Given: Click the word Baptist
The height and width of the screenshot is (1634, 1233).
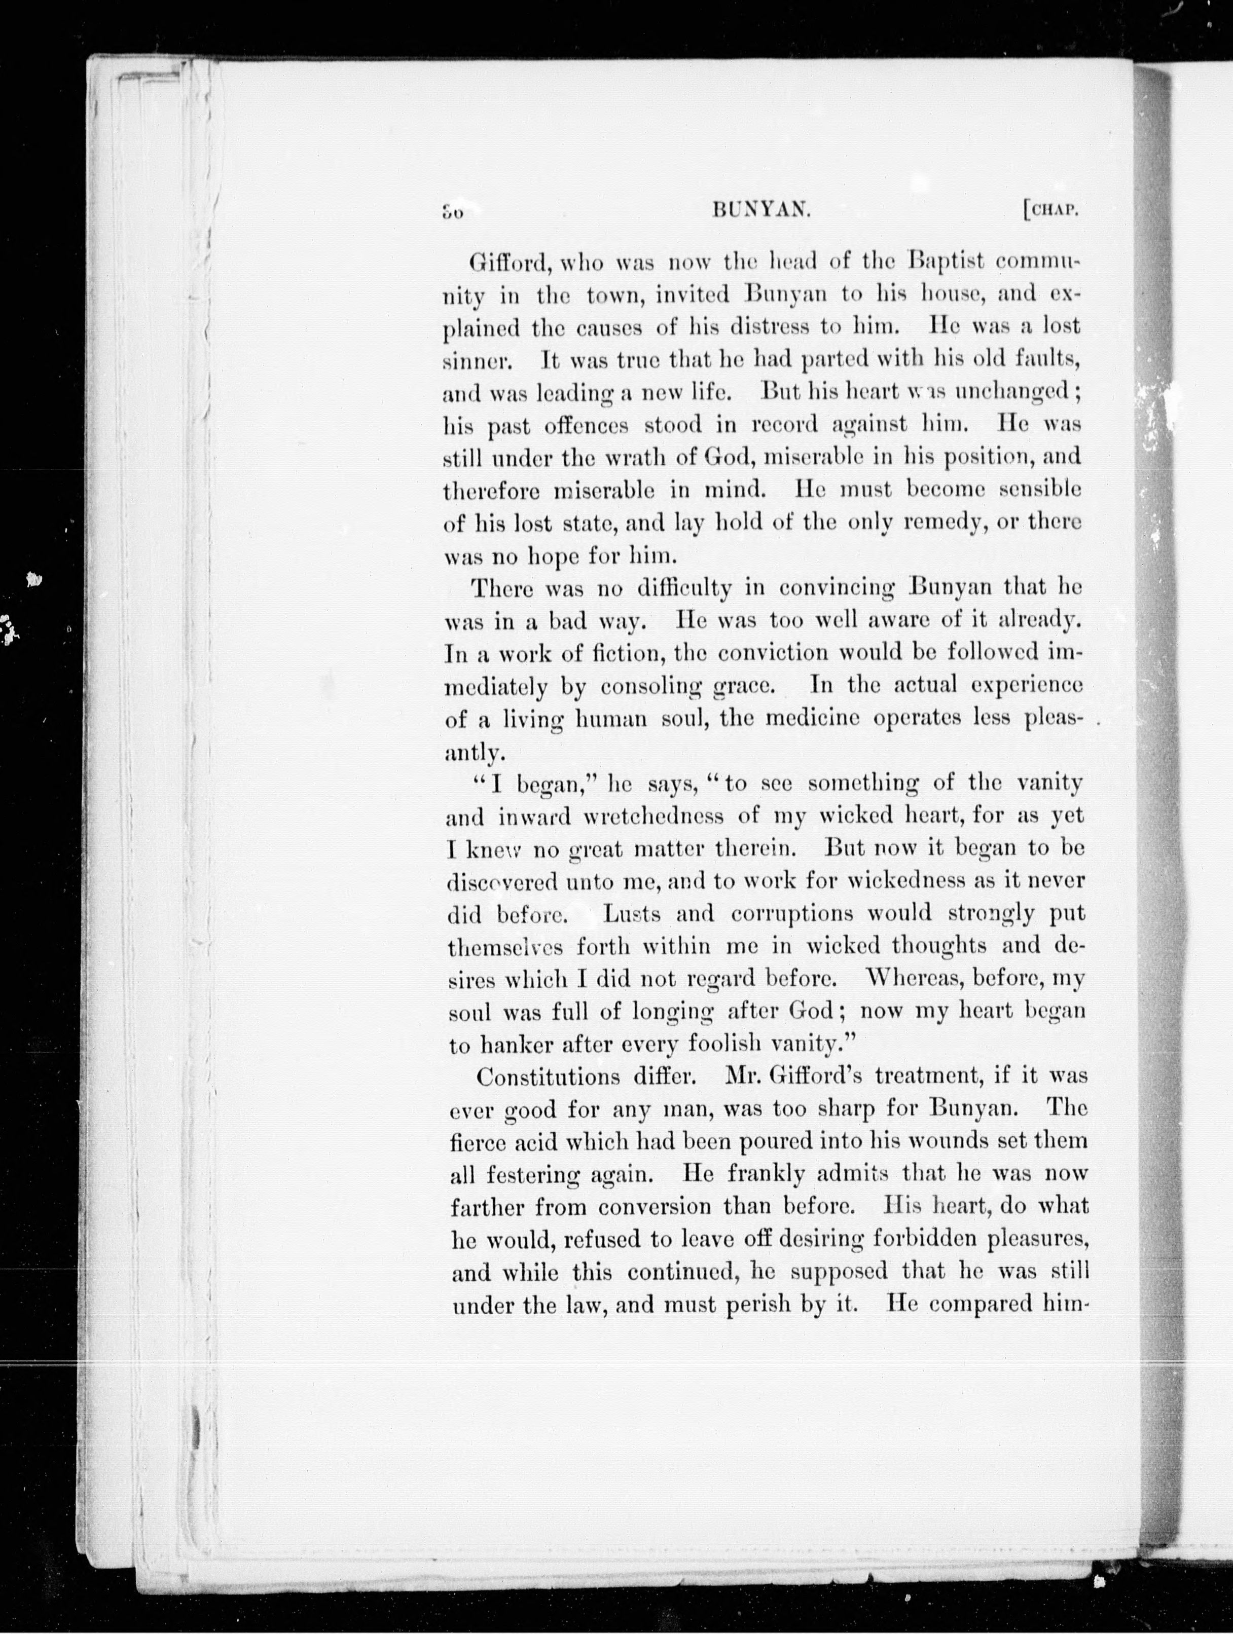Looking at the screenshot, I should coord(947,262).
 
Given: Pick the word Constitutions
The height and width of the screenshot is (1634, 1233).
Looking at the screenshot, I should coord(548,1076).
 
